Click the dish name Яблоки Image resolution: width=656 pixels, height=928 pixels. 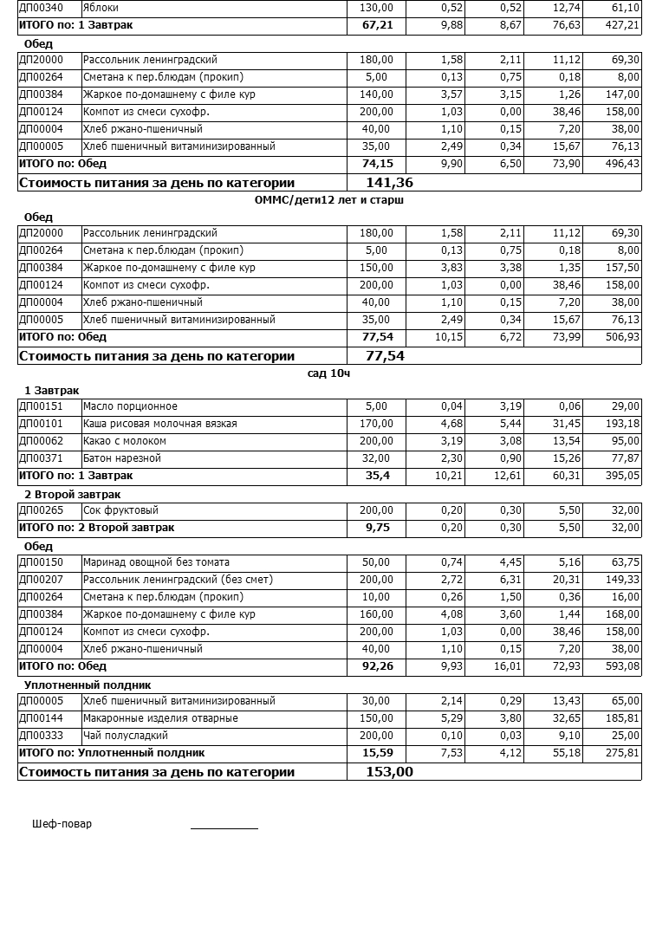(101, 8)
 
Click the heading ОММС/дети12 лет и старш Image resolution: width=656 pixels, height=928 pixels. (329, 200)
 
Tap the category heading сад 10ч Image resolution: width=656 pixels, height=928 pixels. (328, 373)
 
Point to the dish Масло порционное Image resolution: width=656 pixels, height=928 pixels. (130, 406)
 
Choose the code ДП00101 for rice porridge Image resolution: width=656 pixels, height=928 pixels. (41, 424)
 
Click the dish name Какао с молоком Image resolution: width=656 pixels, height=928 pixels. (124, 441)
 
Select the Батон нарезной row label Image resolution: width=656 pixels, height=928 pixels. (122, 458)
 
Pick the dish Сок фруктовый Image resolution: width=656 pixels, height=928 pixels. (120, 510)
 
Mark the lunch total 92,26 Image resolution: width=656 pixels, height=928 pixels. (377, 666)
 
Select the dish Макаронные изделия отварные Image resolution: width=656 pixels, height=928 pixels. (160, 718)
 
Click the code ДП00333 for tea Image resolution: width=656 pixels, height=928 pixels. (41, 736)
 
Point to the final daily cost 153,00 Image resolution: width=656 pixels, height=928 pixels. (389, 772)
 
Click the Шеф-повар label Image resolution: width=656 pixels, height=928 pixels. (62, 824)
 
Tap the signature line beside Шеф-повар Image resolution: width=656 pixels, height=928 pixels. (224, 827)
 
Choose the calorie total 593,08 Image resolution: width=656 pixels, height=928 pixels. (621, 666)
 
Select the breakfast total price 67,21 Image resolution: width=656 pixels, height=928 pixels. (377, 25)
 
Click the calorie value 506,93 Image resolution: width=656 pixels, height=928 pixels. (621, 337)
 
